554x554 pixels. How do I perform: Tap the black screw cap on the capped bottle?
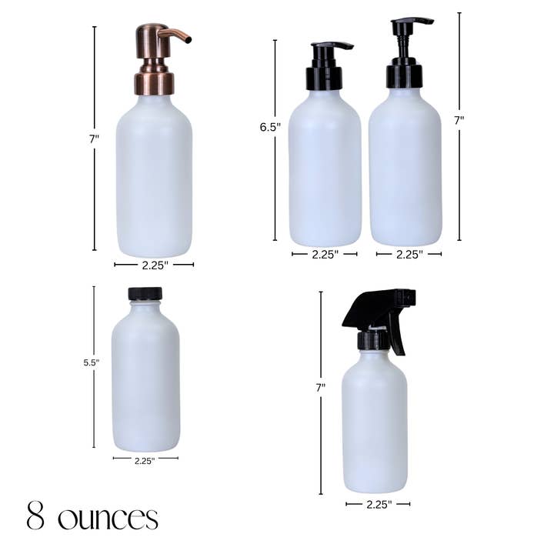(x=145, y=293)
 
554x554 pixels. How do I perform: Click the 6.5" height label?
(x=270, y=126)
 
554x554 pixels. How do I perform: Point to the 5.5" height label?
(x=92, y=362)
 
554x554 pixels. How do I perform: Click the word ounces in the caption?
(x=108, y=517)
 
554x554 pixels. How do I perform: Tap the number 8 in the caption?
(x=35, y=516)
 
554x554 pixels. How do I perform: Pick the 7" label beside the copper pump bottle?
(x=94, y=139)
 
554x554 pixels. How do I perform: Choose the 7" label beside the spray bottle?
(x=320, y=389)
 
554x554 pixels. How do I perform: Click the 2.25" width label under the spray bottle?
(x=378, y=504)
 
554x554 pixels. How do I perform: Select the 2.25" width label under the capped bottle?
(x=145, y=461)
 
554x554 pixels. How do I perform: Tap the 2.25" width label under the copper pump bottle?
(x=154, y=265)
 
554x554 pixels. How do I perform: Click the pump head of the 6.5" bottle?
(x=325, y=65)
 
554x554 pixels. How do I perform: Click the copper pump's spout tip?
(x=188, y=38)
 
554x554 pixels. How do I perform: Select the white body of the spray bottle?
(x=375, y=423)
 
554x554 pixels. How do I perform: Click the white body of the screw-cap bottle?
(x=145, y=377)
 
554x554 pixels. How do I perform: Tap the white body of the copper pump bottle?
(x=154, y=181)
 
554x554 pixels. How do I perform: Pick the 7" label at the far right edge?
(x=459, y=120)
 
